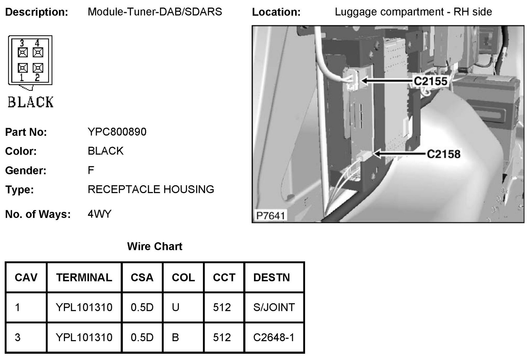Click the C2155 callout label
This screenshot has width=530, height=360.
[430, 81]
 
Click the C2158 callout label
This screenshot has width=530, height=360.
[443, 154]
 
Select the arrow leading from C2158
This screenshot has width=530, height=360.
[399, 154]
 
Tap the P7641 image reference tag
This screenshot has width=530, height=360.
[271, 216]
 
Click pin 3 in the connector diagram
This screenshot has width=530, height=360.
[23, 52]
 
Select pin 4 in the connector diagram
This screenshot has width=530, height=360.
[38, 52]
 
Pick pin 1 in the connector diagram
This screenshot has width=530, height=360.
[23, 68]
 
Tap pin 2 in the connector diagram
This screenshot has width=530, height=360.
[38, 68]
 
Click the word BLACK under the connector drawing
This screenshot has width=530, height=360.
[30, 102]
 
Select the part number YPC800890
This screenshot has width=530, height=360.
[117, 132]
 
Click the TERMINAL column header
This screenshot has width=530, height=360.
[84, 277]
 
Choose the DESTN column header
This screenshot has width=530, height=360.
[271, 277]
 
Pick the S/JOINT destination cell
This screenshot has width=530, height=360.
[274, 307]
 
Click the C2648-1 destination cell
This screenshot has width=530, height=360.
[274, 337]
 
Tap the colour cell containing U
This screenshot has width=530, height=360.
[176, 307]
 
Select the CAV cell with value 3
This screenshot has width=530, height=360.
[18, 337]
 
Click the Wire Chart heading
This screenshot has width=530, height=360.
[155, 246]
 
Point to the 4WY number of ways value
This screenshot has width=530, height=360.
[99, 214]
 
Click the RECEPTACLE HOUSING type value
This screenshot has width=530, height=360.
[151, 189]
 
